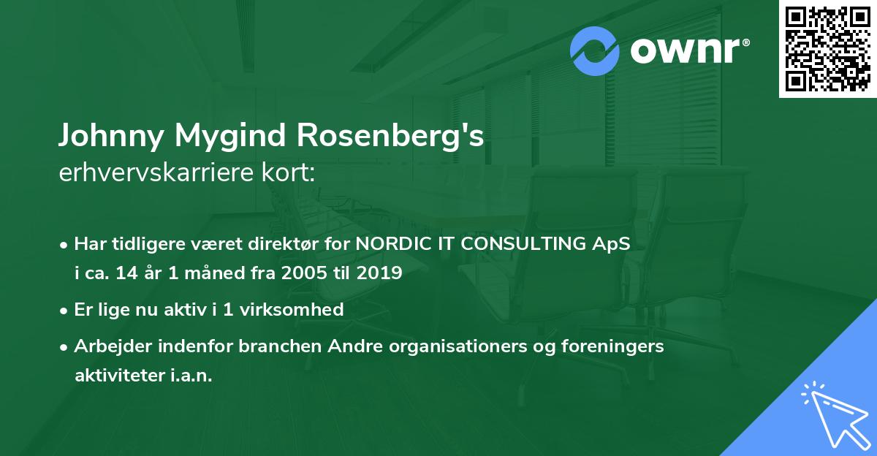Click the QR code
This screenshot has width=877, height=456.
pyautogui.click(x=828, y=48)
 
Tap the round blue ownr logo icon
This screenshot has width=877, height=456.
pyautogui.click(x=595, y=51)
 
